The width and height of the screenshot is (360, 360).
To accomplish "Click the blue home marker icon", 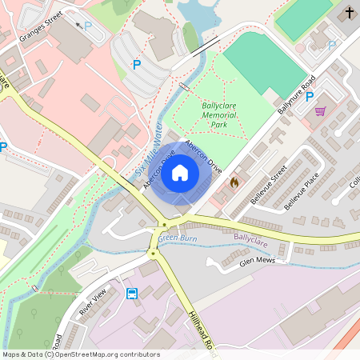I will tap(180, 172).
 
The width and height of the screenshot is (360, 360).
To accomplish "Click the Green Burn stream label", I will tap(177, 238).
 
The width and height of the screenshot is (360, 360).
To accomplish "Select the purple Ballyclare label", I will tap(252, 238).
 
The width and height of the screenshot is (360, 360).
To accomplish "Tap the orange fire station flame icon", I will tap(234, 182).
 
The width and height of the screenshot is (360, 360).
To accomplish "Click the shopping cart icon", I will tap(320, 111).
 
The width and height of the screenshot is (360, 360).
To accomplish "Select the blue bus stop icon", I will tap(132, 293).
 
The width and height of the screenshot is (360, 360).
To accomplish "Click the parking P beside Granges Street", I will tap(88, 26).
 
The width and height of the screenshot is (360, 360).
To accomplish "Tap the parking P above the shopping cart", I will tap(309, 96).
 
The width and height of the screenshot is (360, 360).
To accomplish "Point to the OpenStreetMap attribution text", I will tap(80, 354).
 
